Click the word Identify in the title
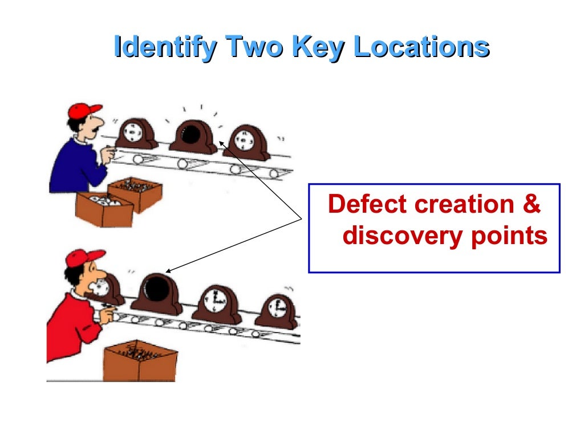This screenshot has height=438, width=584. tap(165, 47)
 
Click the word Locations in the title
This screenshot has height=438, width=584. tap(421, 46)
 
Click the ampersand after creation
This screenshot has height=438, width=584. tap(532, 204)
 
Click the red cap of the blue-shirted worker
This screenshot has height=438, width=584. tap(83, 111)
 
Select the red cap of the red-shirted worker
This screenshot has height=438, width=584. tap(84, 258)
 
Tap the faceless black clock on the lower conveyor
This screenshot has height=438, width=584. tap(157, 294)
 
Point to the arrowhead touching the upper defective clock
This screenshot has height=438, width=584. tap(221, 143)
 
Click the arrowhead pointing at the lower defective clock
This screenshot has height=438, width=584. tap(168, 271)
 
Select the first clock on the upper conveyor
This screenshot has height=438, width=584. tap(136, 133)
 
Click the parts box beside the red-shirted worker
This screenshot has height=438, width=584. tap(140, 361)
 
